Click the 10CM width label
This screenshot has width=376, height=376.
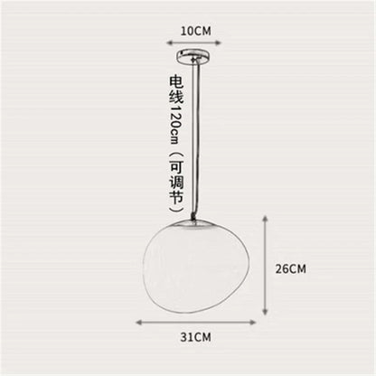(195, 30)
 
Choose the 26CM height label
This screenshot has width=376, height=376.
(291, 268)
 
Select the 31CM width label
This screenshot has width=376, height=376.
(195, 336)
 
